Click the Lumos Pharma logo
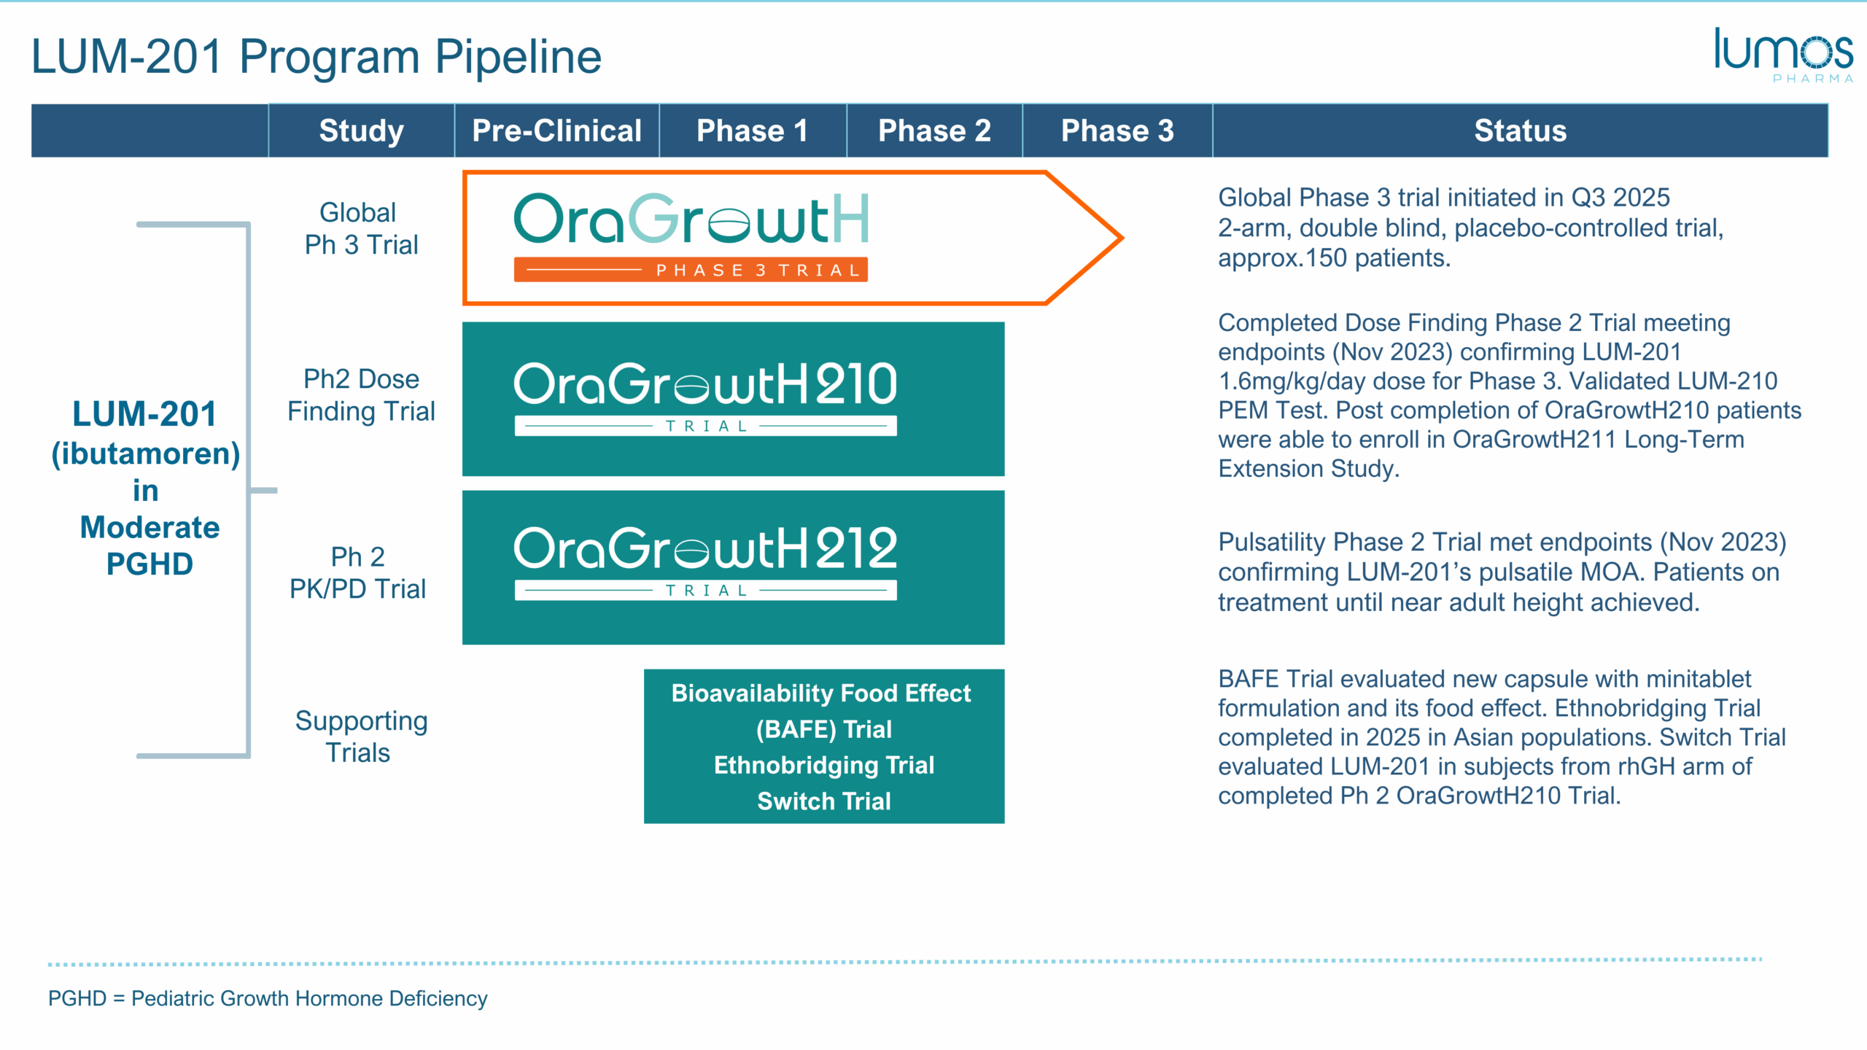[1784, 55]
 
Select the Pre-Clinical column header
[556, 131]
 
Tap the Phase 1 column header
[752, 131]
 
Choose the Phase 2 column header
[934, 131]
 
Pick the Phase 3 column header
[1117, 131]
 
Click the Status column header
[1521, 131]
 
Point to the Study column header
[362, 131]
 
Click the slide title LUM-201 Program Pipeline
[317, 56]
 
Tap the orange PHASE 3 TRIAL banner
[691, 270]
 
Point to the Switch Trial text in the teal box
[824, 801]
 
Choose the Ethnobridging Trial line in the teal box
[824, 765]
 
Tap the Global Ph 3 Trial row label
[361, 228]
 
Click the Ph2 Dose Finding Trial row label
[361, 395]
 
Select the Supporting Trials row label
[361, 736]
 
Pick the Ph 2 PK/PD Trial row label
[357, 572]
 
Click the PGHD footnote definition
[268, 998]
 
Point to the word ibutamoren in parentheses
[146, 454]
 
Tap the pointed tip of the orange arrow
[1122, 238]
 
